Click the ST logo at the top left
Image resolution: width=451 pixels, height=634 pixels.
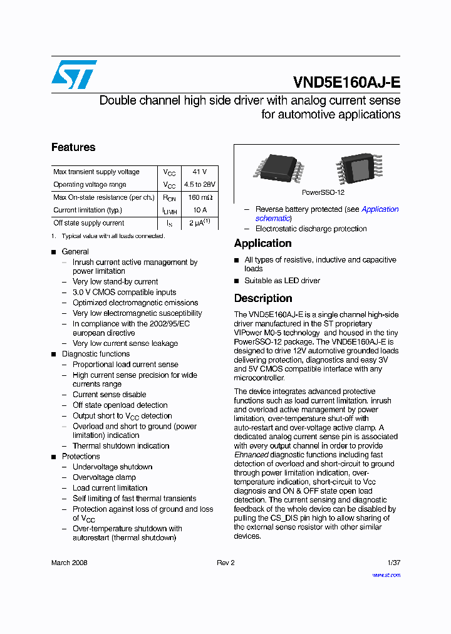[74, 75]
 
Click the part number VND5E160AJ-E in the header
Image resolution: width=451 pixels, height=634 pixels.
[346, 83]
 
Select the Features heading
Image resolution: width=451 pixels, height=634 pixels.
[73, 147]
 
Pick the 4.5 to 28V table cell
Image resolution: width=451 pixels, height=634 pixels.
[200, 185]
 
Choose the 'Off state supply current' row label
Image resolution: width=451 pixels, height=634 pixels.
[89, 223]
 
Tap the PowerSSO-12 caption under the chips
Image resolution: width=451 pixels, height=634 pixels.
[323, 192]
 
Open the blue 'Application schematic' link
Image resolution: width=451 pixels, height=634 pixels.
[380, 209]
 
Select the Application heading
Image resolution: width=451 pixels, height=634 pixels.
[263, 243]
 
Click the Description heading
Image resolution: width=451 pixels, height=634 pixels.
[263, 298]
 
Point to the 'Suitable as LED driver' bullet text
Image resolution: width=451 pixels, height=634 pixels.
[282, 281]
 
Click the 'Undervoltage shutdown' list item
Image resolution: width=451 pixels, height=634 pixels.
[112, 467]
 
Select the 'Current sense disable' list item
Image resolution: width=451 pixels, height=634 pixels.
[109, 395]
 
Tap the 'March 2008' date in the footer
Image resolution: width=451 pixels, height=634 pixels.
[70, 563]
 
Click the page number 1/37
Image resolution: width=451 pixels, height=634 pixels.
[393, 563]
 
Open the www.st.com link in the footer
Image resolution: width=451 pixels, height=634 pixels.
[386, 575]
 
